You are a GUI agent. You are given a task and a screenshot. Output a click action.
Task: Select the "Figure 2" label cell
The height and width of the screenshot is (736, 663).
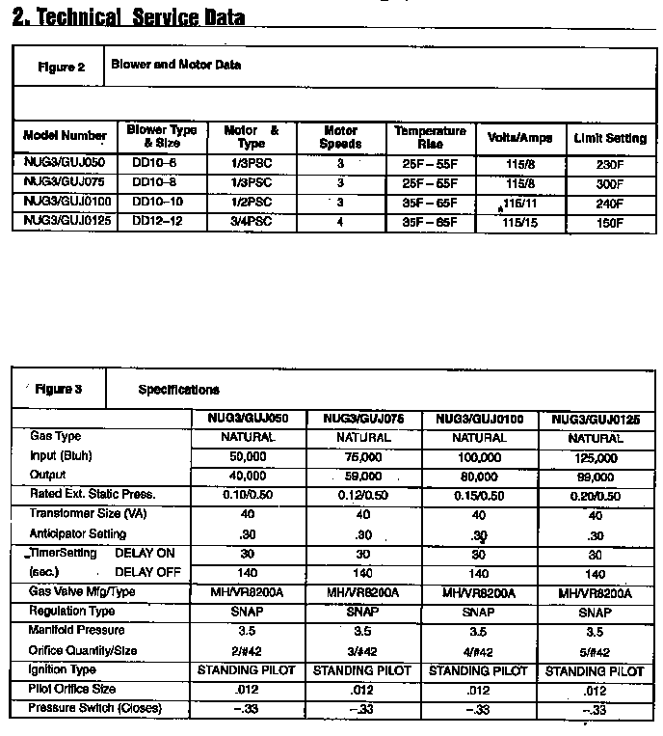(x=61, y=68)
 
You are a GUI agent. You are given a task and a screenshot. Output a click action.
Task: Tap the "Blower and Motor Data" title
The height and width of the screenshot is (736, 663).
(x=175, y=66)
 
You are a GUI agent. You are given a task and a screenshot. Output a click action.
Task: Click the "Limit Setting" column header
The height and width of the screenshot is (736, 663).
(x=610, y=138)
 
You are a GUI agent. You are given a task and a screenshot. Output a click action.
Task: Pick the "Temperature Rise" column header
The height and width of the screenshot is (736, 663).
(x=430, y=137)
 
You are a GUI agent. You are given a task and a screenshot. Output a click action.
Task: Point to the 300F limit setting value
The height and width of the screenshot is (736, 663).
(x=610, y=183)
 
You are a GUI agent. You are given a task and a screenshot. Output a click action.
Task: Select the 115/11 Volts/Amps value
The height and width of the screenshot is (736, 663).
(x=519, y=204)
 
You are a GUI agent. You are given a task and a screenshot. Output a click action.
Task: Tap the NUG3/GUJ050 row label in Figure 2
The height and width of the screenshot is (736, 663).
(x=64, y=164)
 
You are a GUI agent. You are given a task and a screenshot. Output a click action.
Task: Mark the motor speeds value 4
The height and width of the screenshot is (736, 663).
(x=339, y=222)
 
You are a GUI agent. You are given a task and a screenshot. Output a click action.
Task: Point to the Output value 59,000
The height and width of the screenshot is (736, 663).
(x=363, y=476)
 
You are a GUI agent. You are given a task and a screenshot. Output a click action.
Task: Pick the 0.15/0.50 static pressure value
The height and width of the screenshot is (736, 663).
(x=479, y=496)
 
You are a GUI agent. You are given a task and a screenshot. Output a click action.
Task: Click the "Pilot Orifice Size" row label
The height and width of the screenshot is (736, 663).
(x=72, y=690)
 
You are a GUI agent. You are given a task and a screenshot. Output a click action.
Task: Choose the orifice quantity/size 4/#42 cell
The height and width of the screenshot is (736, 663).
(x=479, y=651)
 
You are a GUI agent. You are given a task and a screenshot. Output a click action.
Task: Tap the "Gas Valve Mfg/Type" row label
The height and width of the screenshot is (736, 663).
(x=82, y=591)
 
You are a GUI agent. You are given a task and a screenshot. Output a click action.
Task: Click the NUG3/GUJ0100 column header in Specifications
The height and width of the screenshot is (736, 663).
(x=479, y=420)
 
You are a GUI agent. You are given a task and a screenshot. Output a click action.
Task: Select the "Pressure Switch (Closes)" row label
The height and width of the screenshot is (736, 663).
(x=94, y=709)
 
